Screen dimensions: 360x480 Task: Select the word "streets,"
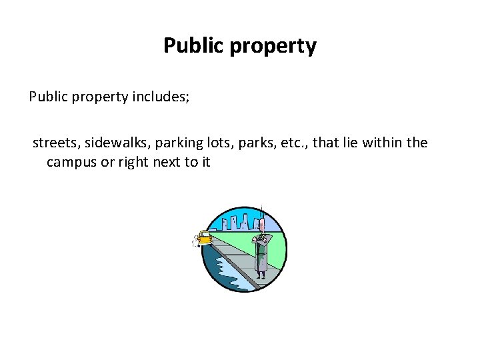coord(56,143)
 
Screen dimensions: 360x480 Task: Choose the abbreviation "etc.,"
coord(298,143)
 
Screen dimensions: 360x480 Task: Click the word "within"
coord(381,143)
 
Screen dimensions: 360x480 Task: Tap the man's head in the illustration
coord(261,224)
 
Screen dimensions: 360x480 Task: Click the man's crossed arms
coord(261,238)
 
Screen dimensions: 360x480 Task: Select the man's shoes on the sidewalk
coord(261,275)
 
